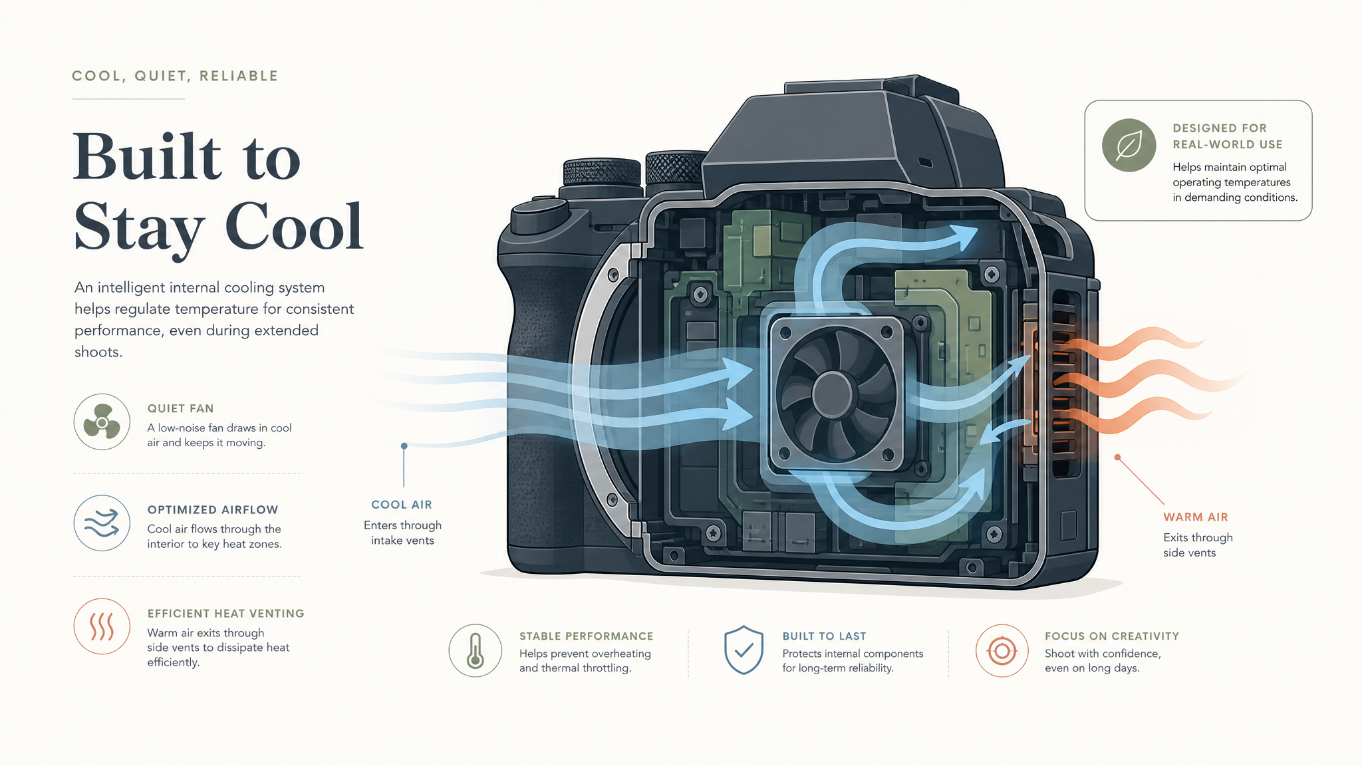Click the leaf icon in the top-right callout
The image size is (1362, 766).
[x=1129, y=145]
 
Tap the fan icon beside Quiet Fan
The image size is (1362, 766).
[x=102, y=422]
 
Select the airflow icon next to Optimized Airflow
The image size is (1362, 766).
[x=102, y=523]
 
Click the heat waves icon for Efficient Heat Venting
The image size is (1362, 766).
[x=102, y=626]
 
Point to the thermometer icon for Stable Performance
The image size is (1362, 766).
[x=476, y=650]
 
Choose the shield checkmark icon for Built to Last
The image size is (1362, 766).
[x=744, y=650]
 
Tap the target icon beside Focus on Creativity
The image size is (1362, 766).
[x=1002, y=650]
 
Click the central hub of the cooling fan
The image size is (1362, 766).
[x=832, y=394]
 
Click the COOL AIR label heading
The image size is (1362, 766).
[x=402, y=505]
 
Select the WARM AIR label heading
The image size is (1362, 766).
[x=1196, y=517]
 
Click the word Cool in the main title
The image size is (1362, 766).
[x=294, y=227]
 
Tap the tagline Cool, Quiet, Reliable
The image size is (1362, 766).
[x=175, y=76]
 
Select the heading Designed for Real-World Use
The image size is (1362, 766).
[x=1228, y=136]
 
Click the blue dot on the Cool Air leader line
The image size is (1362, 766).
[x=404, y=446]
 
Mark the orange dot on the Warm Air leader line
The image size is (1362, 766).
[x=1117, y=457]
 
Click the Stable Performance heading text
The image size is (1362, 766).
[x=587, y=636]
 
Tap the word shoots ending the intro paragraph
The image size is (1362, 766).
[x=98, y=352]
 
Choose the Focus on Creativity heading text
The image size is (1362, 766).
[x=1112, y=636]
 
